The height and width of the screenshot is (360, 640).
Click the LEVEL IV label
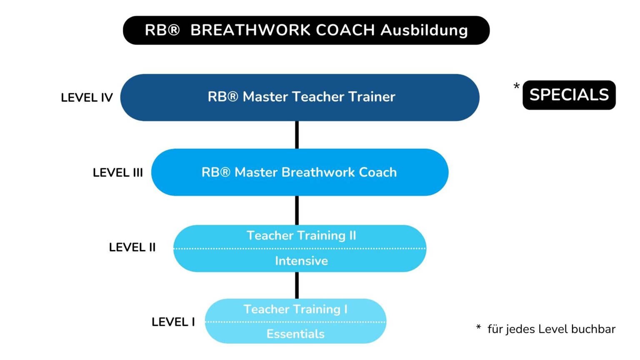tap(87, 97)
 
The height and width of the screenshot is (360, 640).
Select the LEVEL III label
tap(118, 172)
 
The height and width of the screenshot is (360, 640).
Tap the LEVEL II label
tap(132, 247)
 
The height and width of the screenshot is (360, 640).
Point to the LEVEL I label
tap(173, 322)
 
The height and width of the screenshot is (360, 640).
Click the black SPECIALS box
tap(569, 95)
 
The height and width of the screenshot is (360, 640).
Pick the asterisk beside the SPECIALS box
tap(517, 87)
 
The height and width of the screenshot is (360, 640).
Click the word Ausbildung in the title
tap(424, 30)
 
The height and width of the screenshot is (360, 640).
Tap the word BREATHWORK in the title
tap(250, 30)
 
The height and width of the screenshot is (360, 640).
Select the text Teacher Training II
tap(301, 235)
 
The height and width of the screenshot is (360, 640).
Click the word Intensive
tap(301, 261)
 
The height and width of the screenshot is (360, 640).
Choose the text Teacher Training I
tap(295, 309)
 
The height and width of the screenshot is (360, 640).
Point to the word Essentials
tap(295, 334)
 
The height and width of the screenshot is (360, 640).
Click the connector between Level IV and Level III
tap(297, 135)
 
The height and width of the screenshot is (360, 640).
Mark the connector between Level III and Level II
tap(297, 210)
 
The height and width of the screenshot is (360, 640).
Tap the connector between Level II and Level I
tap(297, 285)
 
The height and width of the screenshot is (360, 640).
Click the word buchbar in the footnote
tap(593, 329)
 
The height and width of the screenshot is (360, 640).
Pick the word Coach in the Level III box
tap(378, 172)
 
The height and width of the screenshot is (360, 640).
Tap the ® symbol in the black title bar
tap(174, 30)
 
